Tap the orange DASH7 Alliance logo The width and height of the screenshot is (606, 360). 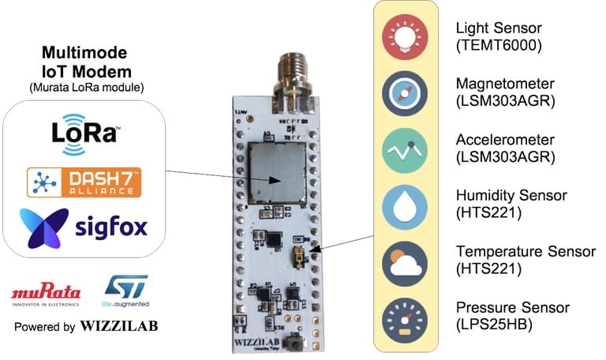(x=84, y=182)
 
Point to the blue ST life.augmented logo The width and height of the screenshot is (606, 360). (x=125, y=291)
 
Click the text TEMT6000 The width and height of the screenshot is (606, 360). (x=499, y=45)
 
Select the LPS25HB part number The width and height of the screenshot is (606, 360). (x=497, y=325)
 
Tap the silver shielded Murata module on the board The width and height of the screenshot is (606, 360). (x=277, y=171)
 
